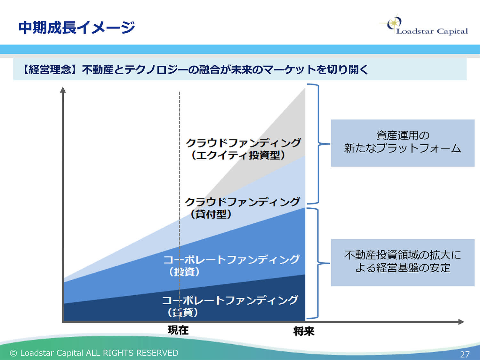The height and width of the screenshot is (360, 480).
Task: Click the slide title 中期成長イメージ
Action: click(76, 27)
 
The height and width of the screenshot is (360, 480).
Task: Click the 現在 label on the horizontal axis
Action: click(178, 330)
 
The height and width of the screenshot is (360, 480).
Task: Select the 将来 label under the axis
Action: click(304, 331)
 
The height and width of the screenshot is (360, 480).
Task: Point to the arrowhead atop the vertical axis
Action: click(63, 90)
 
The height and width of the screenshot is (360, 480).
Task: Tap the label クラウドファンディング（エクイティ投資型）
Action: click(243, 148)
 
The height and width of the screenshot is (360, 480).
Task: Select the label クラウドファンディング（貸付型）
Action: click(242, 208)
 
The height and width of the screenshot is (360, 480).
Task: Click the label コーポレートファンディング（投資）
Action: click(231, 265)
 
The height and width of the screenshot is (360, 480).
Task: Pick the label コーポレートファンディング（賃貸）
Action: click(230, 306)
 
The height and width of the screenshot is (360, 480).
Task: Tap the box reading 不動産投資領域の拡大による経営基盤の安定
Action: click(402, 262)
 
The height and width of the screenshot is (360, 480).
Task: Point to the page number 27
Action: click(465, 354)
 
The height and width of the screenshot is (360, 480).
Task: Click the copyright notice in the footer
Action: click(94, 353)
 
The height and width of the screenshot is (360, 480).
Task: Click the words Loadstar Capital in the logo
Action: click(432, 31)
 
